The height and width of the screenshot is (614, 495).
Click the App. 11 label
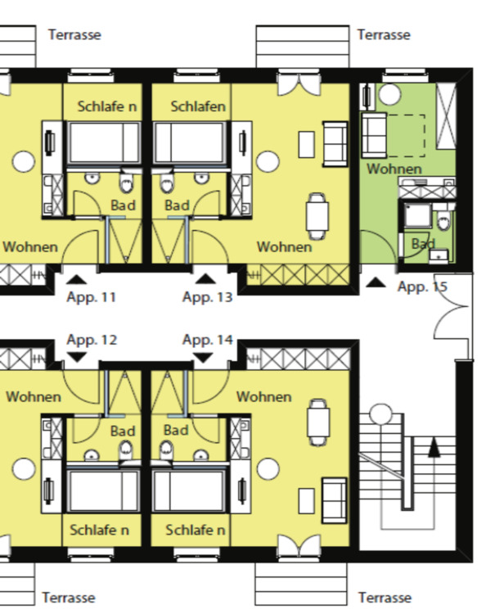[91, 297]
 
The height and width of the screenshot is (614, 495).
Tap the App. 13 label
[207, 297]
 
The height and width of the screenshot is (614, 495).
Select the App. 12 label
[92, 340]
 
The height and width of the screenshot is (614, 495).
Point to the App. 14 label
[208, 340]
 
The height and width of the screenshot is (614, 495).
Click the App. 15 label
[422, 287]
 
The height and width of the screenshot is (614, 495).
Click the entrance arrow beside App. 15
[376, 282]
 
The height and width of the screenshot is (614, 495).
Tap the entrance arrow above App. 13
[205, 279]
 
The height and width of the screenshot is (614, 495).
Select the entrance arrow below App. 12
[77, 357]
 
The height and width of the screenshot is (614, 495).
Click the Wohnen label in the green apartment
[394, 169]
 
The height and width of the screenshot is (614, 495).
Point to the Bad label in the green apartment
[423, 244]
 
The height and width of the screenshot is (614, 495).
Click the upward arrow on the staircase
[434, 448]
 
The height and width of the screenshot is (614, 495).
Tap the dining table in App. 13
[317, 216]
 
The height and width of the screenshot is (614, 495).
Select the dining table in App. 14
[318, 422]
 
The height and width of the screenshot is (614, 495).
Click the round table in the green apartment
[389, 94]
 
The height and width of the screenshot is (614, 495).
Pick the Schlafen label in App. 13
[198, 106]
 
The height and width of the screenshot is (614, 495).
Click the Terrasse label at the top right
[384, 35]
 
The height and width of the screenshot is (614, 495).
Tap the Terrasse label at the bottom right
[385, 598]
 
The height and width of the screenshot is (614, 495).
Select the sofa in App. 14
[335, 500]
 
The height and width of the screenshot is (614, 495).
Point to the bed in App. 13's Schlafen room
[190, 143]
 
